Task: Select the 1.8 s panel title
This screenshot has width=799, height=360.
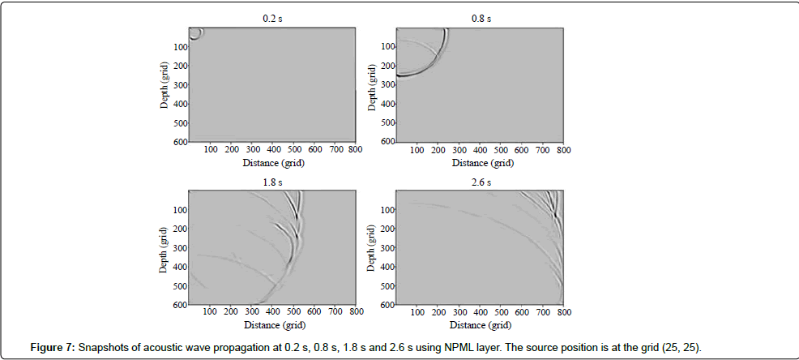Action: (272, 182)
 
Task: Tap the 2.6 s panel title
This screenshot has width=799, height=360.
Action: (481, 182)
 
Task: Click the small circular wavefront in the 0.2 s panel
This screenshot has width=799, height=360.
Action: (196, 33)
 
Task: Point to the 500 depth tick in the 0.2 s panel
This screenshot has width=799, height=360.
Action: (181, 122)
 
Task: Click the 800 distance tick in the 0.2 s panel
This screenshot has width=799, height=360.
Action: (356, 150)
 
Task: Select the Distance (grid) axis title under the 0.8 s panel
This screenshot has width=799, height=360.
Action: (481, 162)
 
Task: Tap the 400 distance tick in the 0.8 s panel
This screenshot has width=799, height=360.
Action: (481, 150)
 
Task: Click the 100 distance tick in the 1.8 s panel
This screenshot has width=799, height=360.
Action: (210, 312)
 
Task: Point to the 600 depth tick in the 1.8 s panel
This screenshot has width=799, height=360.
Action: (181, 305)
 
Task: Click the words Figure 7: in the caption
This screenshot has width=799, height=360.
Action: (53, 348)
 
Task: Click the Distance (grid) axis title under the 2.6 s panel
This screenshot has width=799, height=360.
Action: (481, 324)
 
